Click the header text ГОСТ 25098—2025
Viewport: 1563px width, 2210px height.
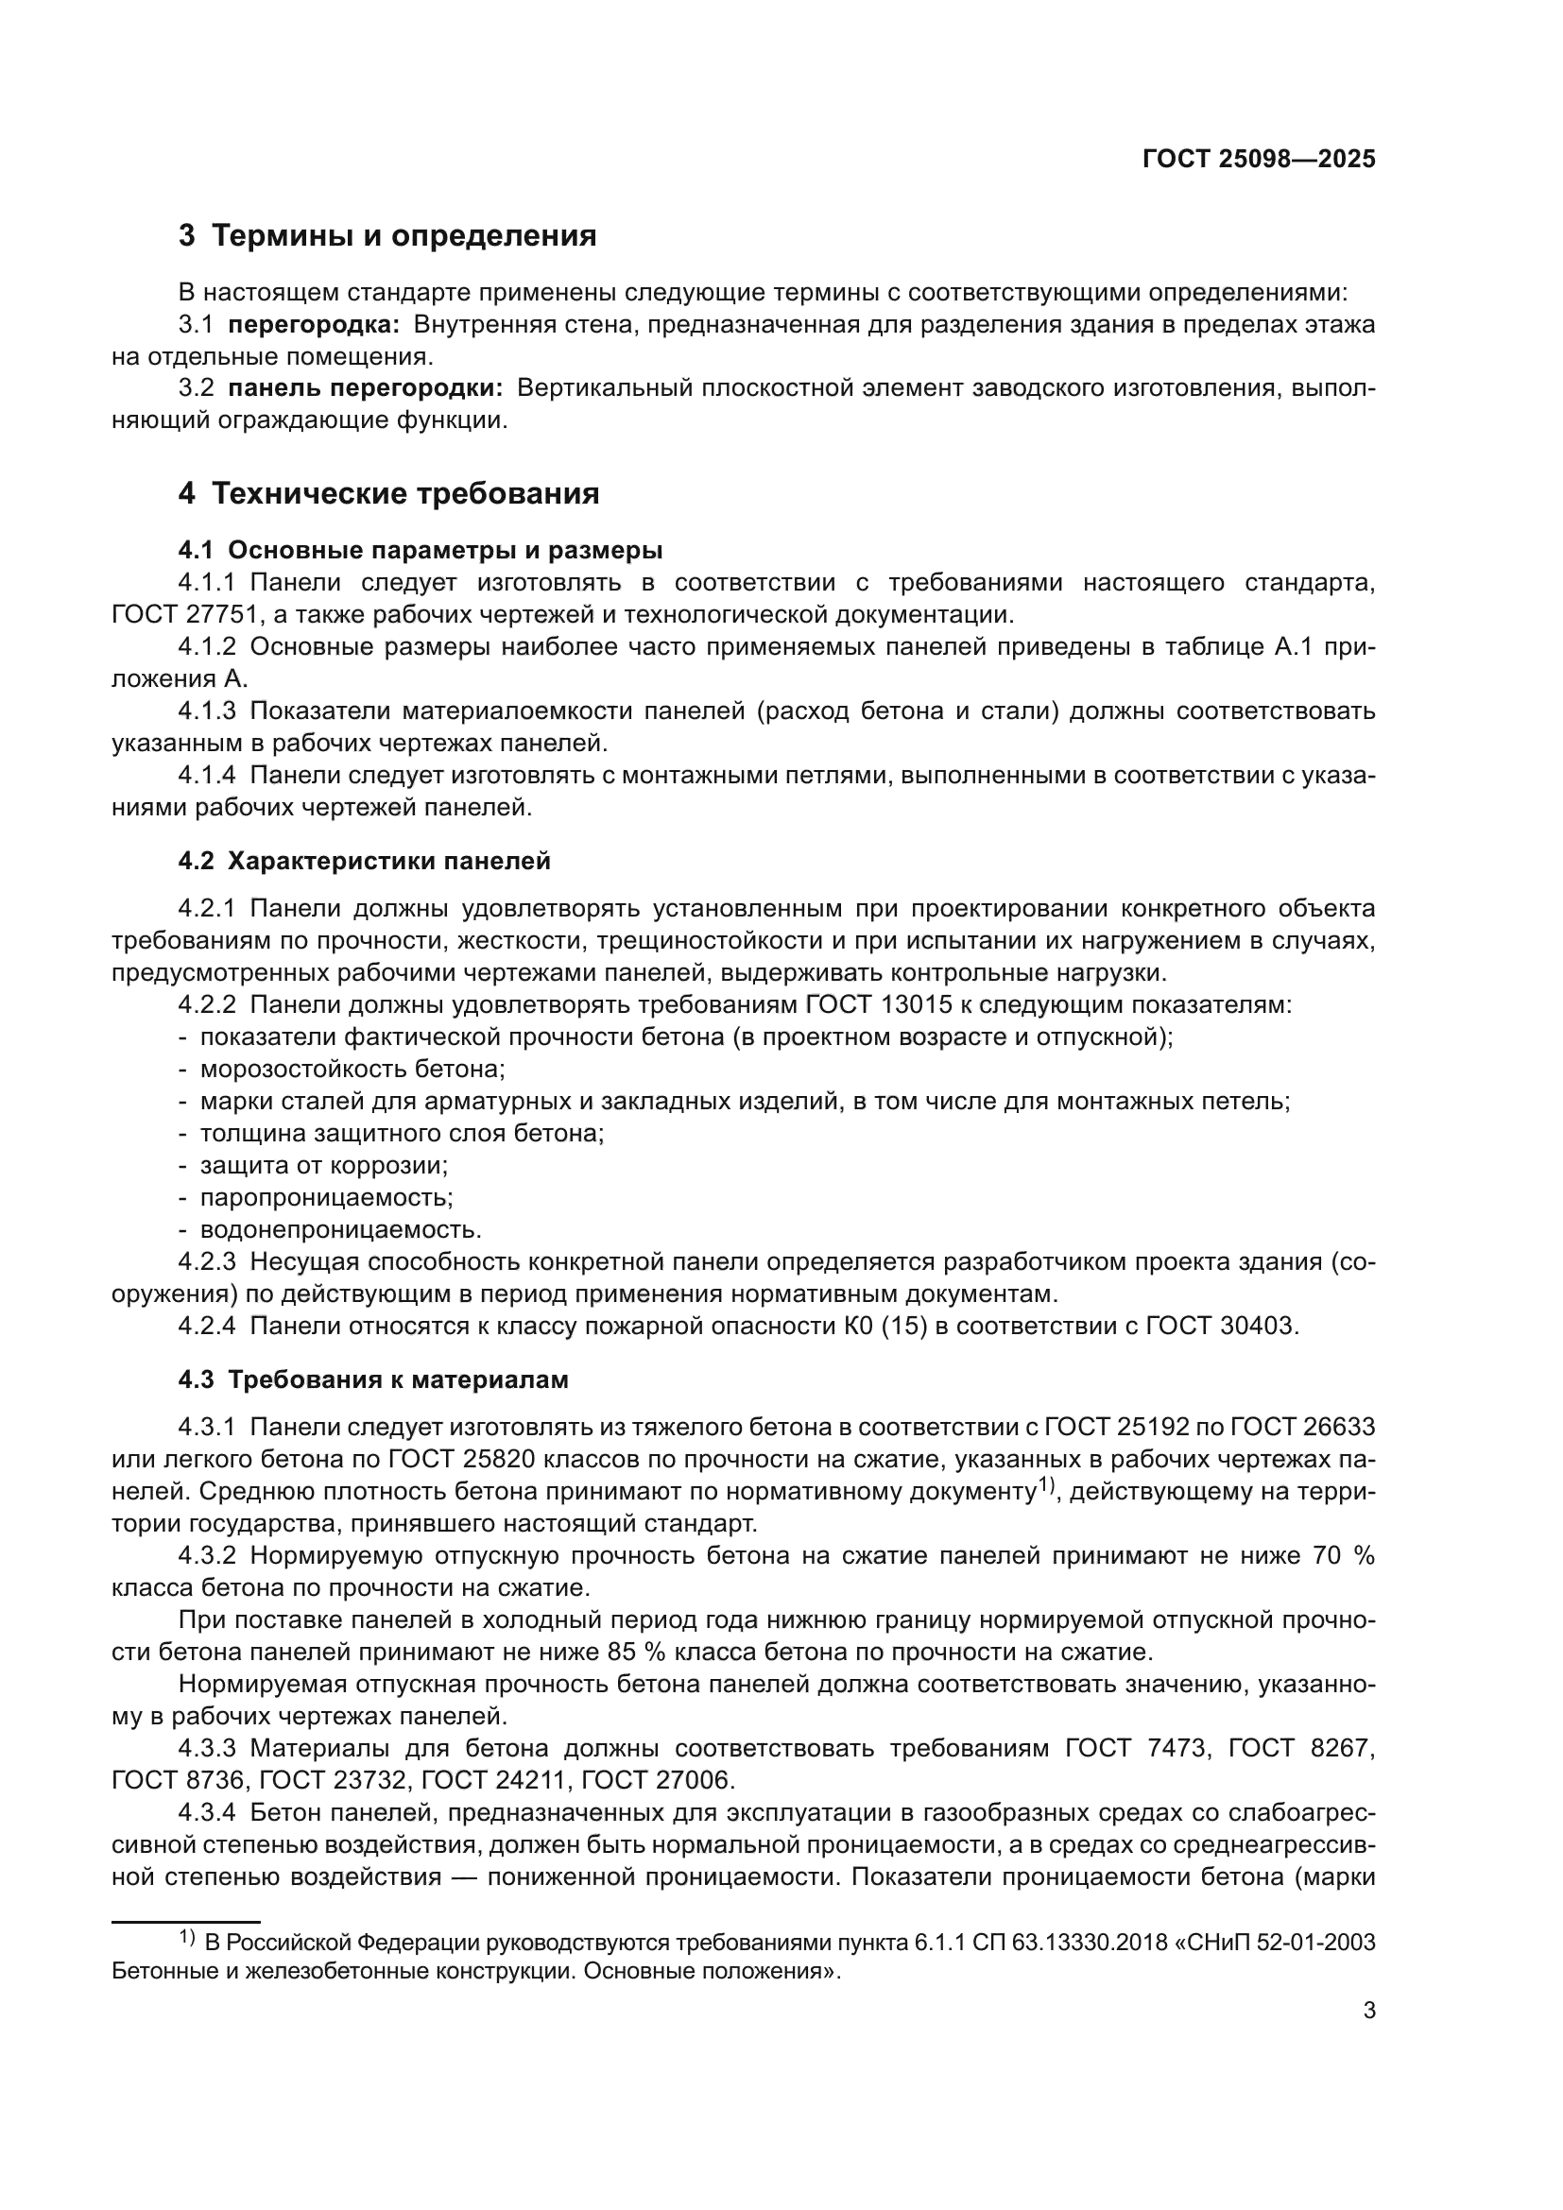tap(1258, 160)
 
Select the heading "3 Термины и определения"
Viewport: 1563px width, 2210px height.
tap(386, 236)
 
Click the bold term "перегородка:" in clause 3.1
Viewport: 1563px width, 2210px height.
tap(313, 324)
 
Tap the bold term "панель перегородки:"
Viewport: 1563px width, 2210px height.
tap(365, 389)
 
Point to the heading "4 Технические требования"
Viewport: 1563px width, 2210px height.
tap(388, 494)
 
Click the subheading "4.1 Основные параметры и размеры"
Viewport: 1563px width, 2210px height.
tap(420, 551)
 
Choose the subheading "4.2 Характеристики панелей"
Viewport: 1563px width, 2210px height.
tap(364, 862)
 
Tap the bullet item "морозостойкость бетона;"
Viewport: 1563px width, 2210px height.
tap(352, 1070)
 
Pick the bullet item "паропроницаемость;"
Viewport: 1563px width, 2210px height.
tap(326, 1197)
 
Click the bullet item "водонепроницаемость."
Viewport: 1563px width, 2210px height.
tap(341, 1230)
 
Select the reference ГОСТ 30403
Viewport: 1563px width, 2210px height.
tap(1221, 1327)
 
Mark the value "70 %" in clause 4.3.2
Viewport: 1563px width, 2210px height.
tap(1343, 1556)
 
